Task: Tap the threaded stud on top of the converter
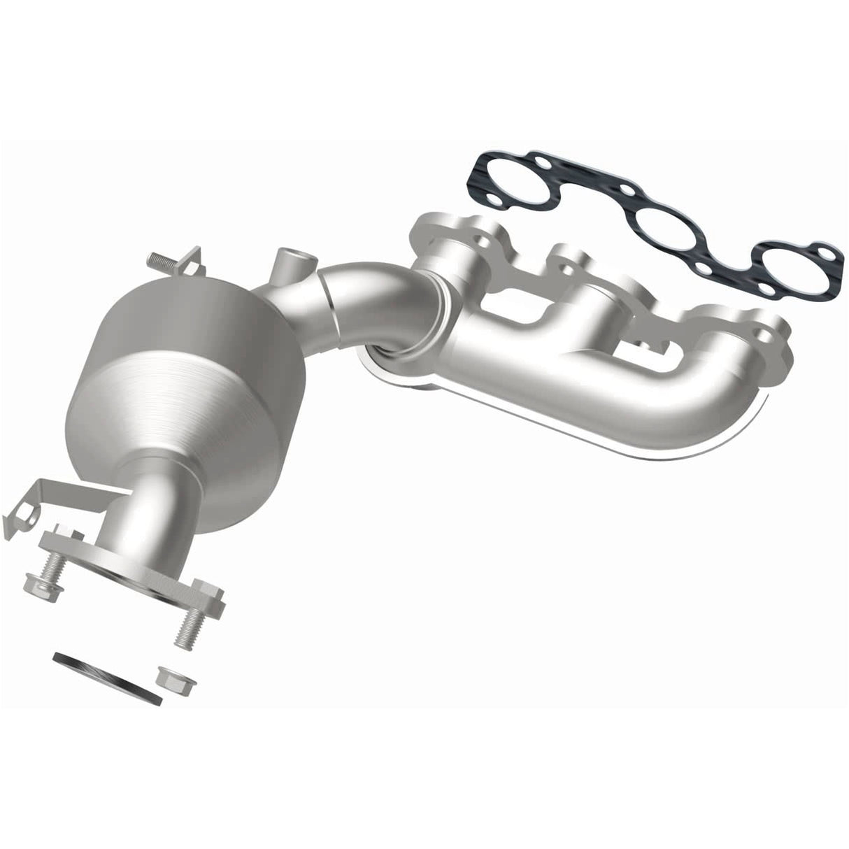(162, 261)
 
